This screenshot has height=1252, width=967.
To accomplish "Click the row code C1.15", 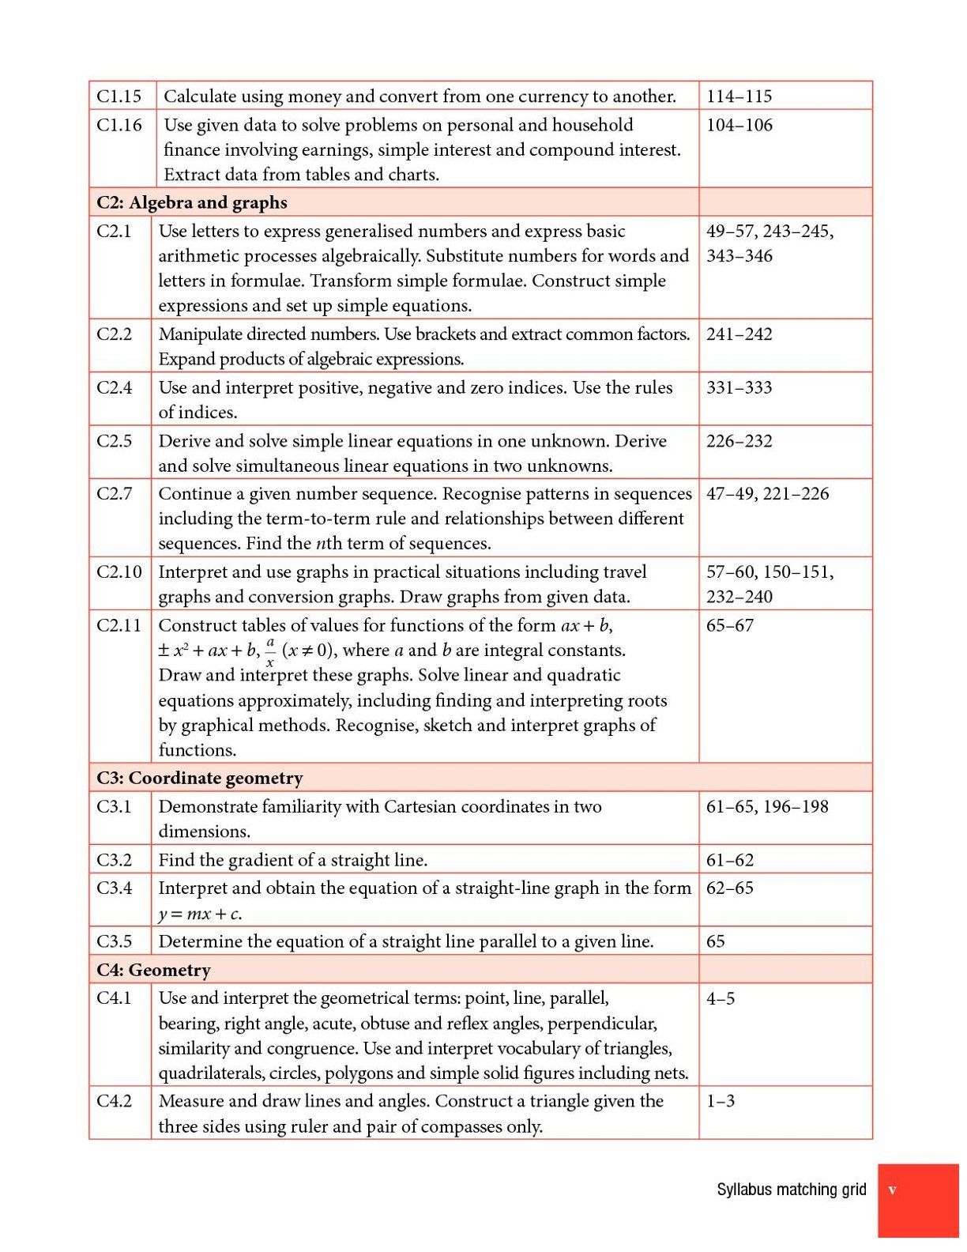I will pyautogui.click(x=119, y=96).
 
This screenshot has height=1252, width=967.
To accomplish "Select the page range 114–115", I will pyautogui.click(x=739, y=96).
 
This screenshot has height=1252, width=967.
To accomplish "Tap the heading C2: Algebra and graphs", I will pyautogui.click(x=191, y=202).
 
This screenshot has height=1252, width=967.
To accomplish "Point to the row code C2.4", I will pyautogui.click(x=115, y=387).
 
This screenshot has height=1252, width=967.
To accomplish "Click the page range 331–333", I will pyautogui.click(x=739, y=387).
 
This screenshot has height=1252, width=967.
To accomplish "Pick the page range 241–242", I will pyautogui.click(x=739, y=334).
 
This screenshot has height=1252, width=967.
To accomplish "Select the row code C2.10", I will pyautogui.click(x=119, y=571).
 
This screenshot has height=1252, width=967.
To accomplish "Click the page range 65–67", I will pyautogui.click(x=730, y=625).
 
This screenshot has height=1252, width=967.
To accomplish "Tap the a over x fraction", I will pyautogui.click(x=270, y=652).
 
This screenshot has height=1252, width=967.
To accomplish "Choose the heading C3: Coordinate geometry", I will pyautogui.click(x=199, y=778).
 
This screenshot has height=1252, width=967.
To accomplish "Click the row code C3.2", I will pyautogui.click(x=115, y=859).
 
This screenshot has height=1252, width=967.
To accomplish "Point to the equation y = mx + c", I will pyautogui.click(x=200, y=914).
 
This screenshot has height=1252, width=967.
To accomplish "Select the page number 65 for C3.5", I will pyautogui.click(x=716, y=941).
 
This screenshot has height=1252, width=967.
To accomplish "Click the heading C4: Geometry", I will pyautogui.click(x=153, y=969).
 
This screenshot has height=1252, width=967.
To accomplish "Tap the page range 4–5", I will pyautogui.click(x=721, y=998).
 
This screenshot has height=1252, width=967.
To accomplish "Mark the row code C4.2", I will pyautogui.click(x=115, y=1100).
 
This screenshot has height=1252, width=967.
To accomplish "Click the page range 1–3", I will pyautogui.click(x=721, y=1100).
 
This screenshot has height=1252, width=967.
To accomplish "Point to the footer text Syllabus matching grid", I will pyautogui.click(x=791, y=1189).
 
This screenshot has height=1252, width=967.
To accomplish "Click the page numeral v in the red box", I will pyautogui.click(x=892, y=1190).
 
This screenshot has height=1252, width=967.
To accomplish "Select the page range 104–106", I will pyautogui.click(x=739, y=125).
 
